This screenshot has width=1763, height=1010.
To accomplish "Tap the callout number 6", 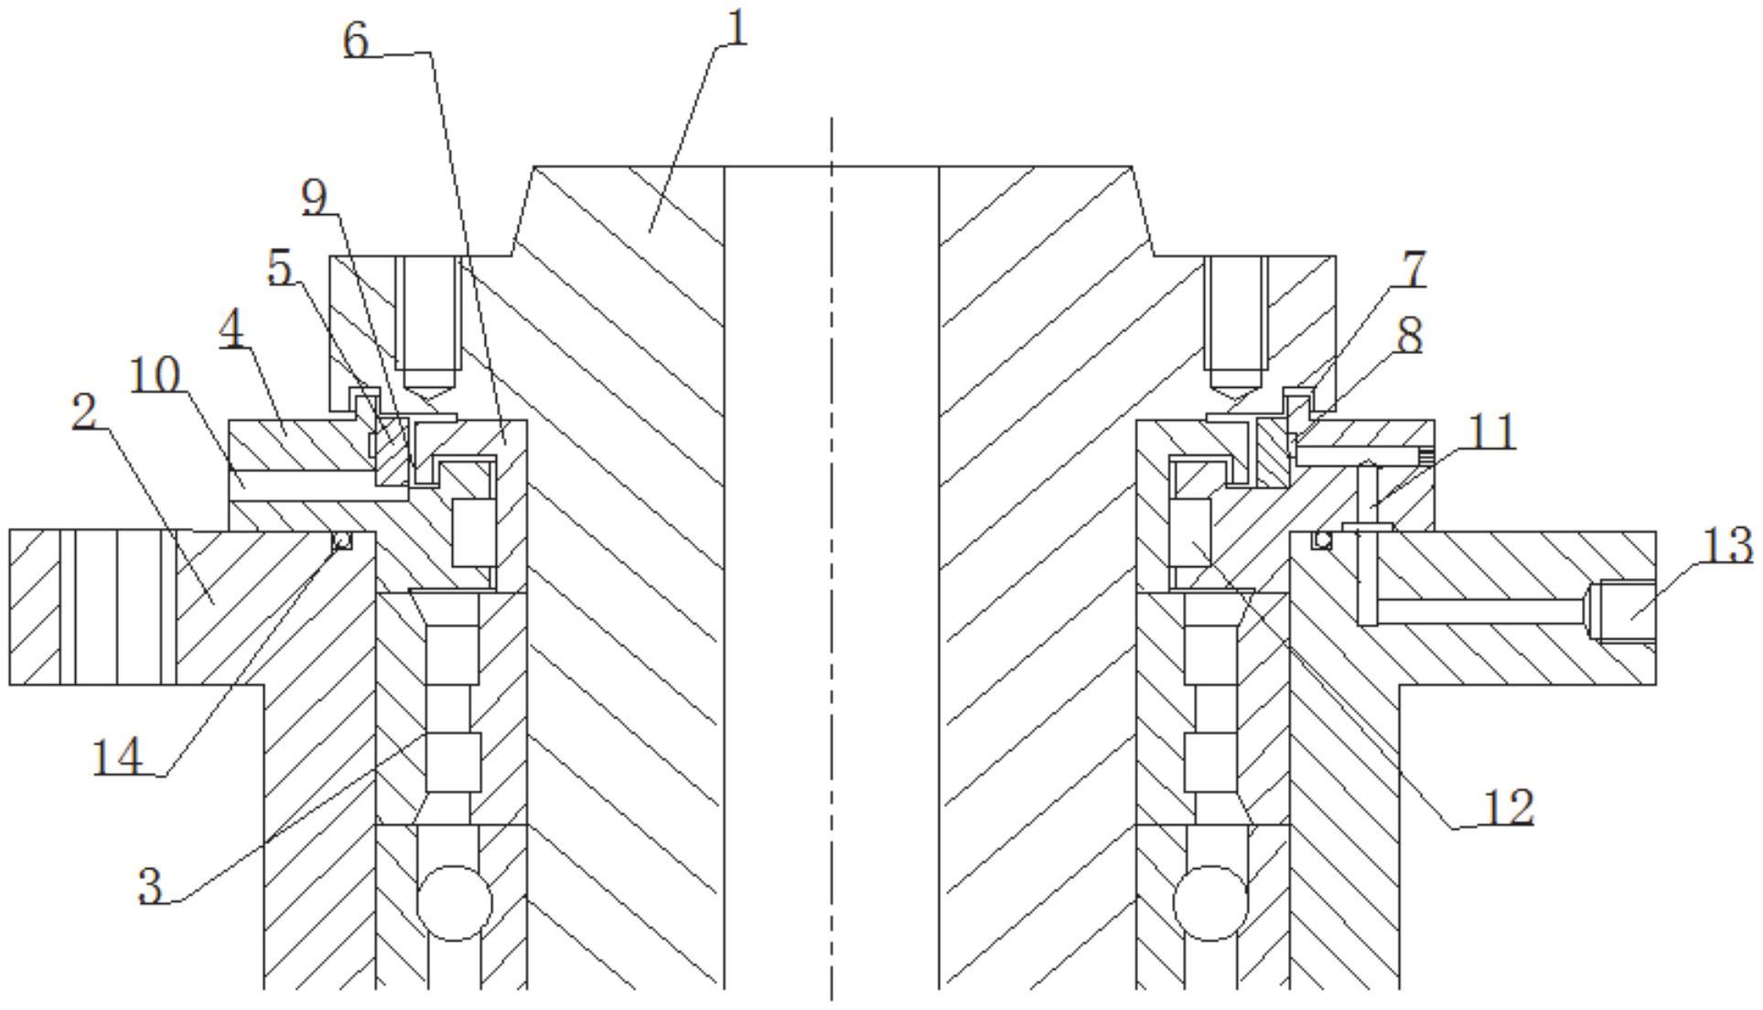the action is tap(357, 39).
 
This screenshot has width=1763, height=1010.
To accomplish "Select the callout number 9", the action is tap(316, 198).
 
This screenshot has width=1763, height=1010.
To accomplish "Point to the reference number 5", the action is tap(280, 268).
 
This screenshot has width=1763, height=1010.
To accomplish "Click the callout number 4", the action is tap(232, 329).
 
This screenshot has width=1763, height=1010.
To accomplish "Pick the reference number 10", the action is tap(155, 374).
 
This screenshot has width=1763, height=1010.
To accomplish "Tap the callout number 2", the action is tap(84, 413).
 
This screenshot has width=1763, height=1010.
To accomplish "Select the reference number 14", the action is tap(118, 757).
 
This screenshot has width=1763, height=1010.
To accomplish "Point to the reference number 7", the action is tap(1414, 269).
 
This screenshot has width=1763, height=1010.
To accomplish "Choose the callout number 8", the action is tap(1410, 336).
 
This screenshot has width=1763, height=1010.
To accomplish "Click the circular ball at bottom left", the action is tap(455, 903).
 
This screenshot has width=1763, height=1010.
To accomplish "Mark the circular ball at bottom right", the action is tap(1211, 903).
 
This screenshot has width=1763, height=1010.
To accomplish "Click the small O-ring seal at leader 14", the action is tap(341, 542).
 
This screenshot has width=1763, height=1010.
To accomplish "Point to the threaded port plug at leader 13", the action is tap(1622, 611).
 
